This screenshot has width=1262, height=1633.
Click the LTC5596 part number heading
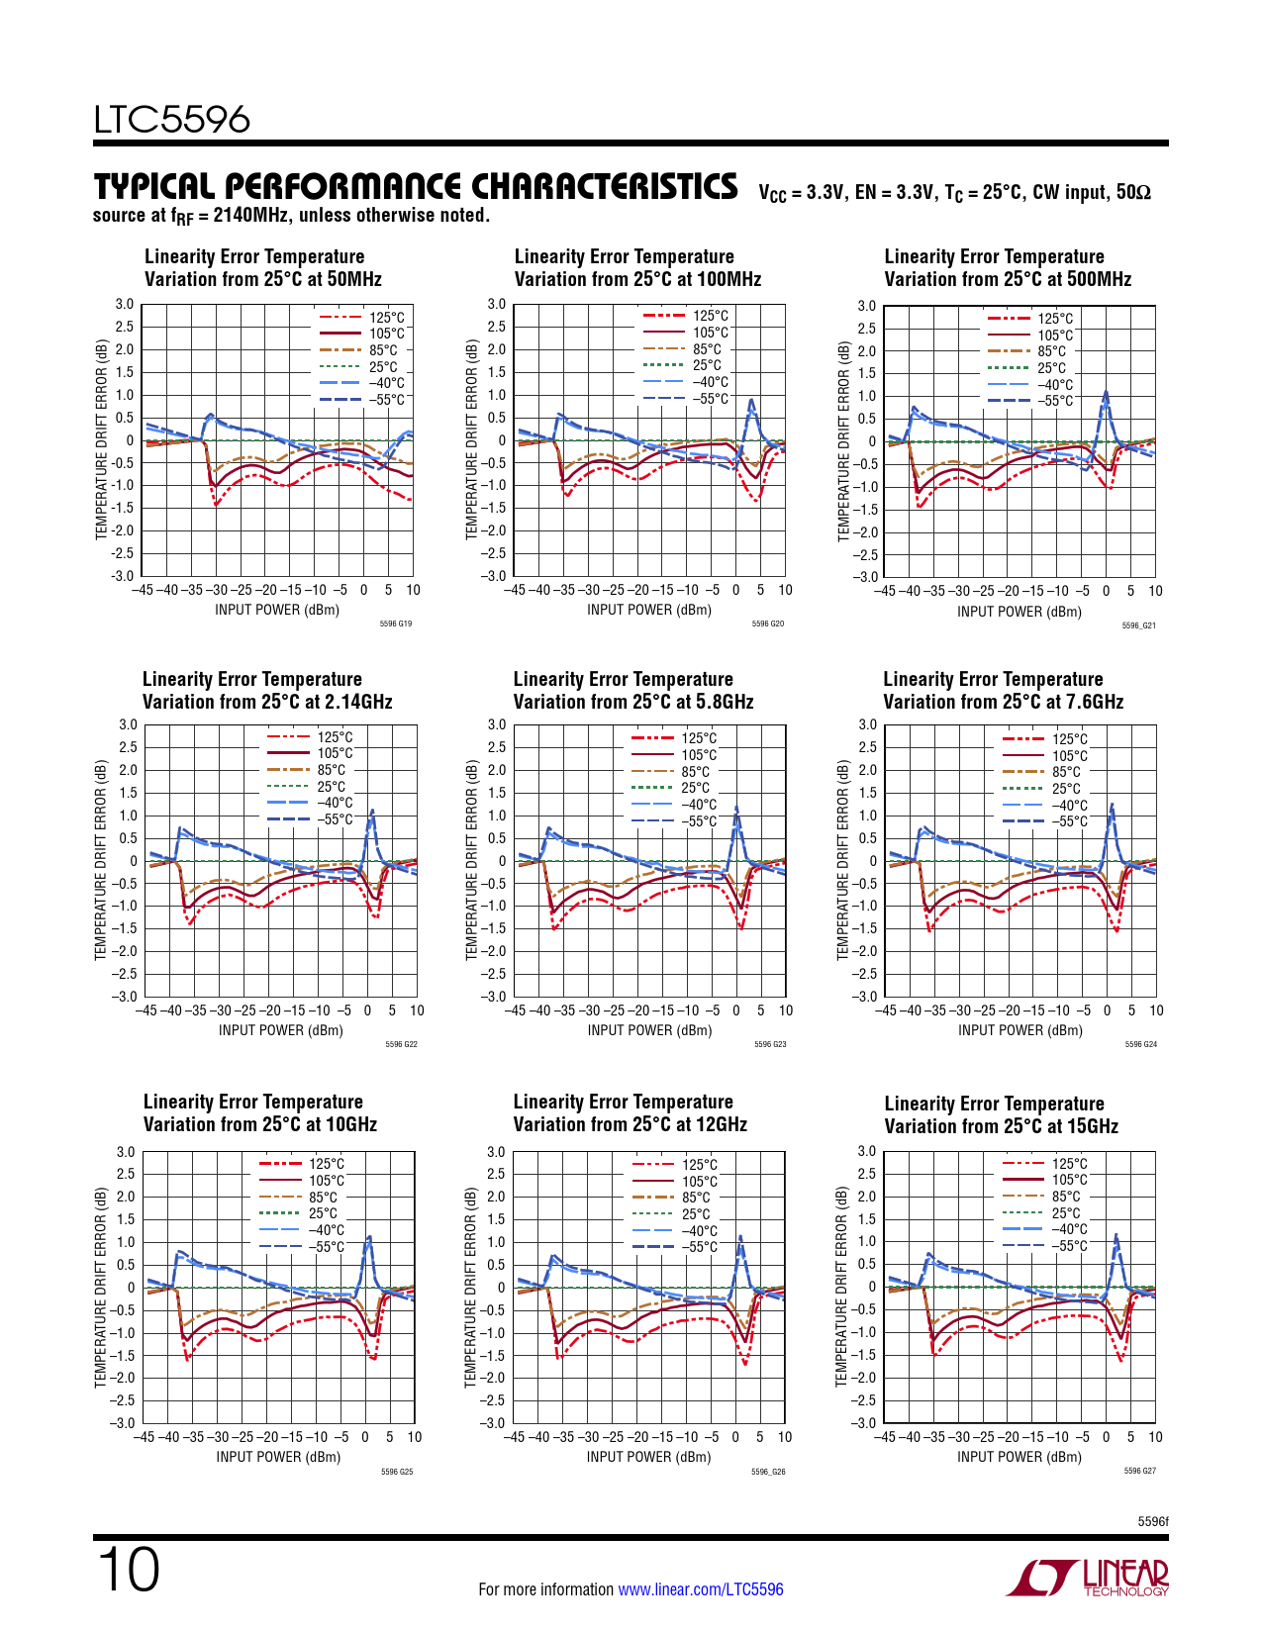click(172, 120)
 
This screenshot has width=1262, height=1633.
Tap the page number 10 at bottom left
click(128, 1570)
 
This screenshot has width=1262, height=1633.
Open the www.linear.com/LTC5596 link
click(700, 1589)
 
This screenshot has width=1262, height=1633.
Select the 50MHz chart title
click(262, 268)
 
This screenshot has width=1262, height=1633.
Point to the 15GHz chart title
click(1001, 1115)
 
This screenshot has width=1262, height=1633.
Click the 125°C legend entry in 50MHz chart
click(386, 318)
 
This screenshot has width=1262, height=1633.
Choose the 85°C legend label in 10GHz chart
click(323, 1197)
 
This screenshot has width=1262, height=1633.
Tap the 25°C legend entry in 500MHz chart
click(1051, 368)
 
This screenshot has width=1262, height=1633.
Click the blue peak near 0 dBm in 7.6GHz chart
click(1112, 806)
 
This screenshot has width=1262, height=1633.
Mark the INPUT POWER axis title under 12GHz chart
click(648, 1457)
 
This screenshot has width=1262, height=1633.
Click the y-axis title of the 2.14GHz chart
click(101, 860)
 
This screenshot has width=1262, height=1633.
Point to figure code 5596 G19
click(395, 624)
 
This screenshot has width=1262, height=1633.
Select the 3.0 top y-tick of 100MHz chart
click(496, 305)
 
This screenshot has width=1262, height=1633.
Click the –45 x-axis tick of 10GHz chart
click(144, 1437)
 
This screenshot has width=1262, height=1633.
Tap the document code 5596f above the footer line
click(1152, 1521)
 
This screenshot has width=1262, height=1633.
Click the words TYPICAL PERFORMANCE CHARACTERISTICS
click(416, 187)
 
